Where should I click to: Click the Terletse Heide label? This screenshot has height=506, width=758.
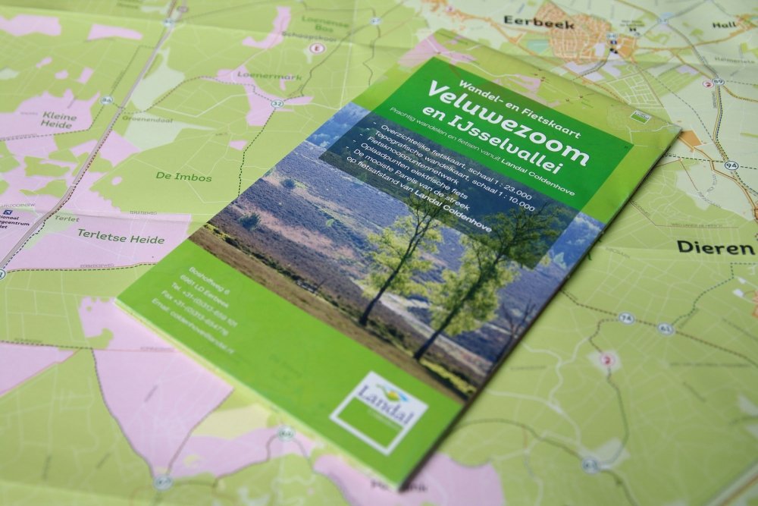[120, 239]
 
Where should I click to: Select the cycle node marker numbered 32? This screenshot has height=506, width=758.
[278, 103]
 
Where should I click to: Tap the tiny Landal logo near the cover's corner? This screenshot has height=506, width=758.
[641, 117]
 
